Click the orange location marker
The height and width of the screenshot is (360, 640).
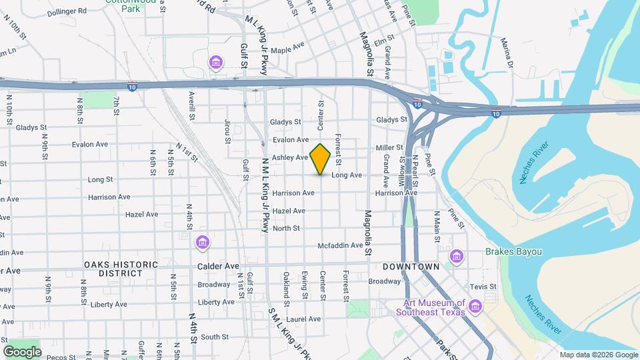tap(321, 159)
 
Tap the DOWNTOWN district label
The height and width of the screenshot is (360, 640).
tap(411, 267)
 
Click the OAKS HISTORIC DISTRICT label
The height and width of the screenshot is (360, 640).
tap(121, 269)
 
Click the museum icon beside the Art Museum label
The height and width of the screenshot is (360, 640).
tap(475, 306)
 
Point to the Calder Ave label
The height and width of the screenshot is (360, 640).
tap(218, 265)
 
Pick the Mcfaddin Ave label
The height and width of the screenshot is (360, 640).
tap(340, 245)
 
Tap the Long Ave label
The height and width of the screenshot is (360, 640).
tap(347, 175)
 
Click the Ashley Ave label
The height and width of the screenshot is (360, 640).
tap(290, 157)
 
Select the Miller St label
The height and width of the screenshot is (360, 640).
tap(390, 147)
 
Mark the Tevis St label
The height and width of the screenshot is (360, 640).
tap(484, 287)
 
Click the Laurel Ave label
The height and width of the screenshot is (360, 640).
tap(305, 319)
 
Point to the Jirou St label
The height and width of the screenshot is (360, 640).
tap(227, 131)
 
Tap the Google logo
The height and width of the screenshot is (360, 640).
tap(23, 351)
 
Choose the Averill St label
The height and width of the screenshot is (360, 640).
tap(191, 106)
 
